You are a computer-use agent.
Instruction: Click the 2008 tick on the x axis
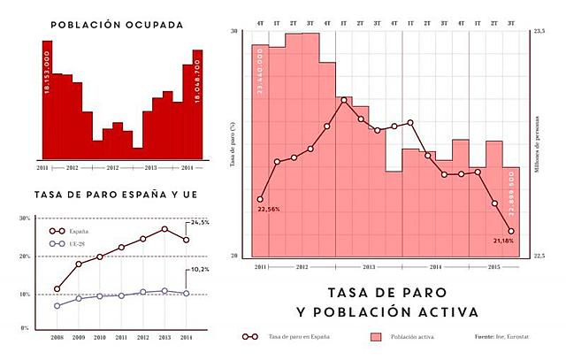pos(57,337)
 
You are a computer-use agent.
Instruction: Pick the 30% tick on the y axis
pos(25,218)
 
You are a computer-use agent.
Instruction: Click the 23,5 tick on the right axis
pos(539,32)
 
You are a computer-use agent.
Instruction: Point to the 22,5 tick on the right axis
pos(539,256)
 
